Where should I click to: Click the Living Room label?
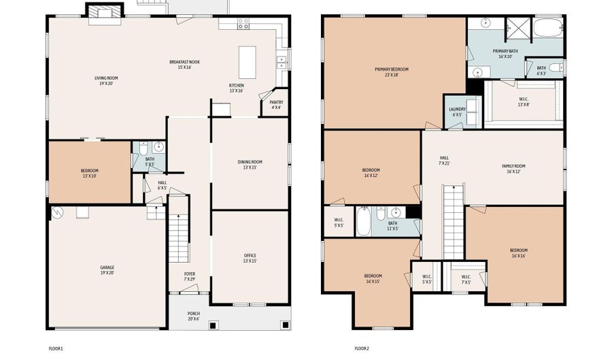[106, 81]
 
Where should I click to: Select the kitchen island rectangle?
[247, 63]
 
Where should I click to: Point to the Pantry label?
[277, 104]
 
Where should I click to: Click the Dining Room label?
[250, 164]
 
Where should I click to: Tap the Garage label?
[107, 269]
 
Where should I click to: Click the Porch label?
[194, 316]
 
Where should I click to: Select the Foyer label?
[190, 276]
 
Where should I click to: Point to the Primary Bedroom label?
[392, 71]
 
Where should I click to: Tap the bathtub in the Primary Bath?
[548, 29]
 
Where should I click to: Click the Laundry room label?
[457, 112]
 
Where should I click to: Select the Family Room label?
[514, 168]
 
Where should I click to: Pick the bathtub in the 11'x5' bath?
[364, 222]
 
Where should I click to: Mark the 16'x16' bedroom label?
[518, 252]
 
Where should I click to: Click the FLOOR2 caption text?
[361, 348]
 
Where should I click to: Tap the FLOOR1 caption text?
[55, 348]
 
